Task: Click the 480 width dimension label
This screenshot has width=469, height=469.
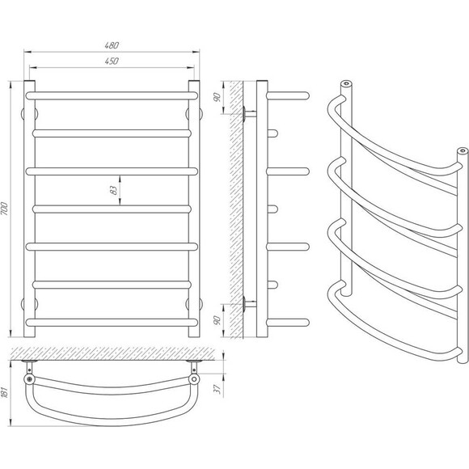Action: [112, 45]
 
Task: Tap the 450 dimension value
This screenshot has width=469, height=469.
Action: [112, 61]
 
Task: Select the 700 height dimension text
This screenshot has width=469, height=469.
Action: [5, 209]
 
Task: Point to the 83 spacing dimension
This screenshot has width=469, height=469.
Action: [114, 190]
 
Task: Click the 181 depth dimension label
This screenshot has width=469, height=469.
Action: [5, 391]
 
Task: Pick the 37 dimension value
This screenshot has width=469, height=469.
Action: [218, 388]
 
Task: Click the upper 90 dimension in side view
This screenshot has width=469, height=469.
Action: [218, 97]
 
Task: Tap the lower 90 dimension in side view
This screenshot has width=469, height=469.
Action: [218, 319]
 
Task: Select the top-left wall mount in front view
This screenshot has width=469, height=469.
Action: [29, 114]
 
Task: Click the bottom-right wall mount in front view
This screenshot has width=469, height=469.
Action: [194, 304]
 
